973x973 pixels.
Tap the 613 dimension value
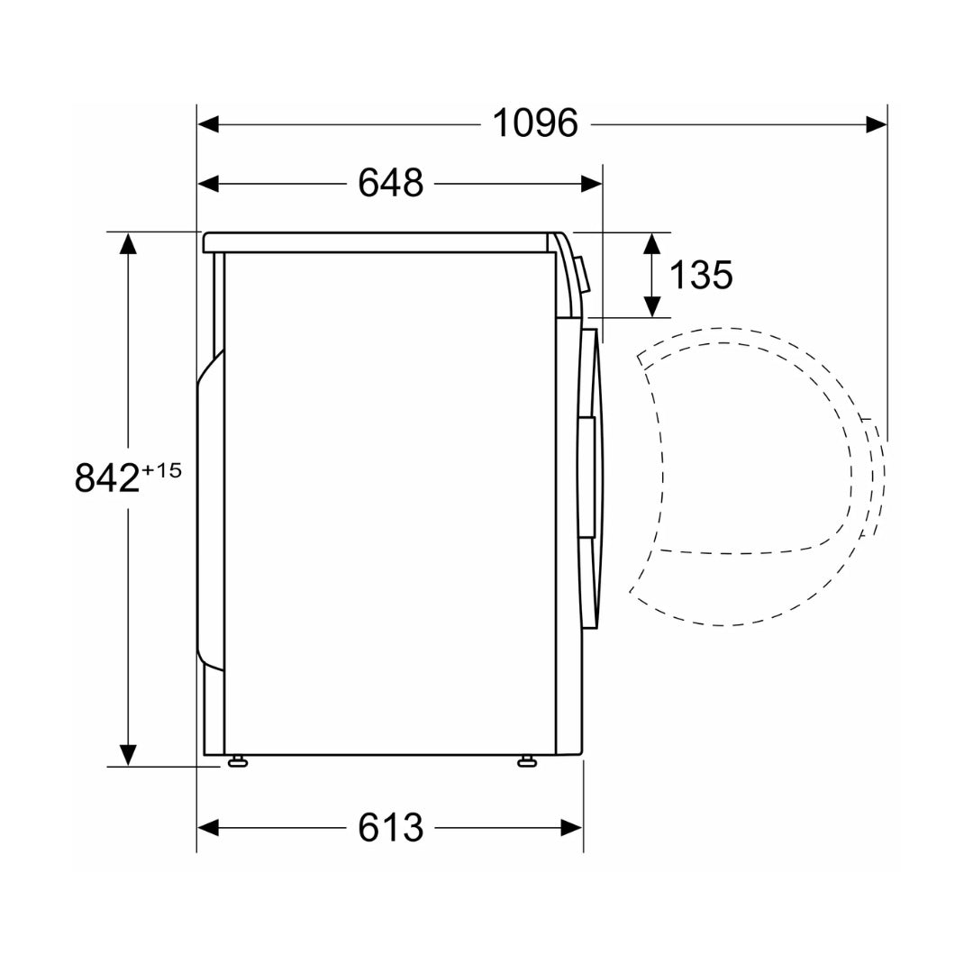click(x=390, y=827)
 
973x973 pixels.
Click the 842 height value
click(x=106, y=477)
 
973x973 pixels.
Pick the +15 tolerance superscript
click(x=161, y=470)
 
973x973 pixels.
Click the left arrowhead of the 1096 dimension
click(x=208, y=124)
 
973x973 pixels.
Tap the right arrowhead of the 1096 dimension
click(x=876, y=124)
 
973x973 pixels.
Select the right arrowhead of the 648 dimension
click(x=591, y=184)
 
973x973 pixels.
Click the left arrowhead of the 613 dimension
click(x=208, y=828)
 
